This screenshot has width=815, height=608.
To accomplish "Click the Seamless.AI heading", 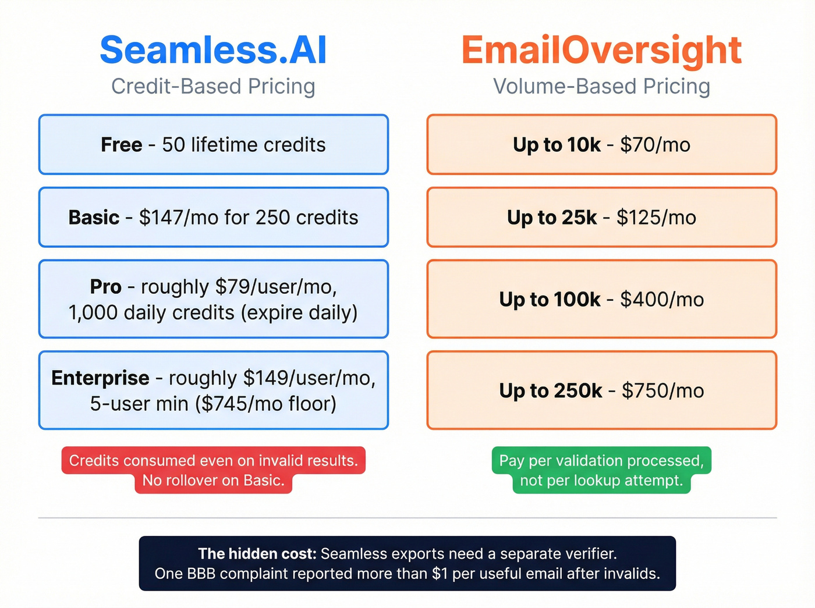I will pos(213,50).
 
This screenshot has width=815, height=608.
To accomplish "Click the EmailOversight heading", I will pos(601,50).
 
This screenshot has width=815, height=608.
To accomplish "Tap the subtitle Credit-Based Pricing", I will pos(213,87).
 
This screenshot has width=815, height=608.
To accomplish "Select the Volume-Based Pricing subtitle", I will pos(601,87).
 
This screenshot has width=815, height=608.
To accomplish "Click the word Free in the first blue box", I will pos(121,145).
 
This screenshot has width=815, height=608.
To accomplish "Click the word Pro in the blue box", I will pos(105,287).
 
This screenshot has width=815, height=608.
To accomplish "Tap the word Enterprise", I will pos(100,378).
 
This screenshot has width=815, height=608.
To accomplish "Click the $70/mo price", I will pos(655,145).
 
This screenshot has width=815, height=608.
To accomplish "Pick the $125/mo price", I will pos(656,218).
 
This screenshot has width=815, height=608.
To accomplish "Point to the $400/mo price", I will pos(662,300).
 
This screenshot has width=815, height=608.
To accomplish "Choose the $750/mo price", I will pos(662,391).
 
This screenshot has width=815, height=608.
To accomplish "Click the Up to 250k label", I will pos(550,391).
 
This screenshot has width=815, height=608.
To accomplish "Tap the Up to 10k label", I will pos(556,145).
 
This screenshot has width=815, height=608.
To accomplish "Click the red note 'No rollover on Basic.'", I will pos(213,481).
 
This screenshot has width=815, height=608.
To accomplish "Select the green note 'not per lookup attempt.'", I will pos(601,481).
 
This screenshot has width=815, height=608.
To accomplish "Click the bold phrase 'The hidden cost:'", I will pos(257,554).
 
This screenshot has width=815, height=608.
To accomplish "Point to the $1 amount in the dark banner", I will pos(440,574).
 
